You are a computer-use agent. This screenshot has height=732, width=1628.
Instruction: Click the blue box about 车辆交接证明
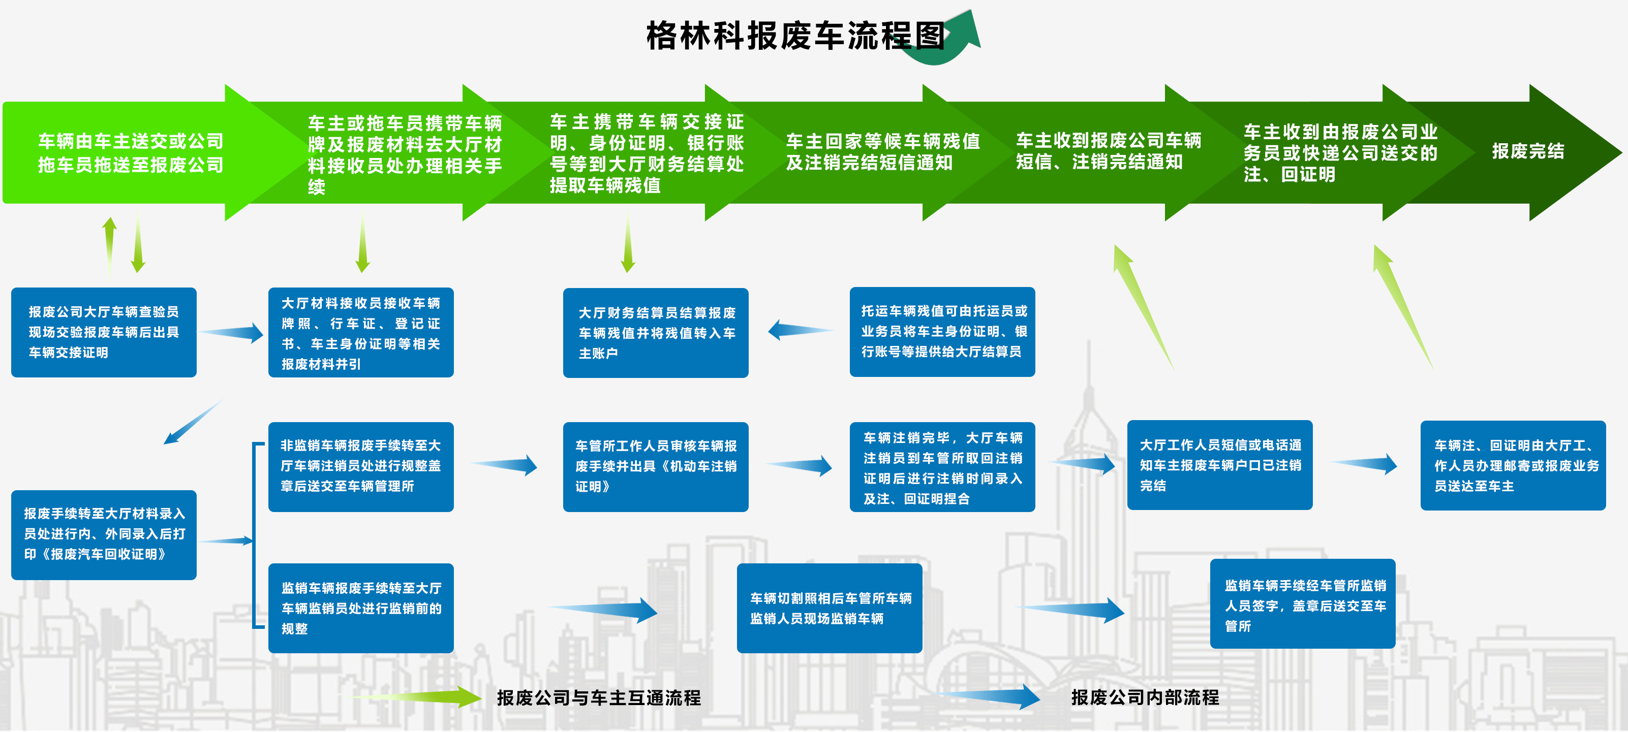[x=104, y=332]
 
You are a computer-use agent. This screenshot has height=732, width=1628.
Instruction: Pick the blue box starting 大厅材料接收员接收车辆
[x=361, y=332]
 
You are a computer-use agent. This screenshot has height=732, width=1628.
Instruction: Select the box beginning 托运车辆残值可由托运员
[x=942, y=332]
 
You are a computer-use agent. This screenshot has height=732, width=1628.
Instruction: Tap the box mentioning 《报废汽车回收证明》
[x=104, y=534]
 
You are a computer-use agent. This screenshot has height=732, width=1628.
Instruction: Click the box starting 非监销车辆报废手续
[x=361, y=466]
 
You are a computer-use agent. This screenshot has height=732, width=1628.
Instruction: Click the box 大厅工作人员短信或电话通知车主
[x=1219, y=465]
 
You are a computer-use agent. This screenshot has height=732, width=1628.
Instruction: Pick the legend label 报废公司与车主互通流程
[x=599, y=698]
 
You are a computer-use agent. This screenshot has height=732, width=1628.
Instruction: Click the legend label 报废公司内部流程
[x=1145, y=697]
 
